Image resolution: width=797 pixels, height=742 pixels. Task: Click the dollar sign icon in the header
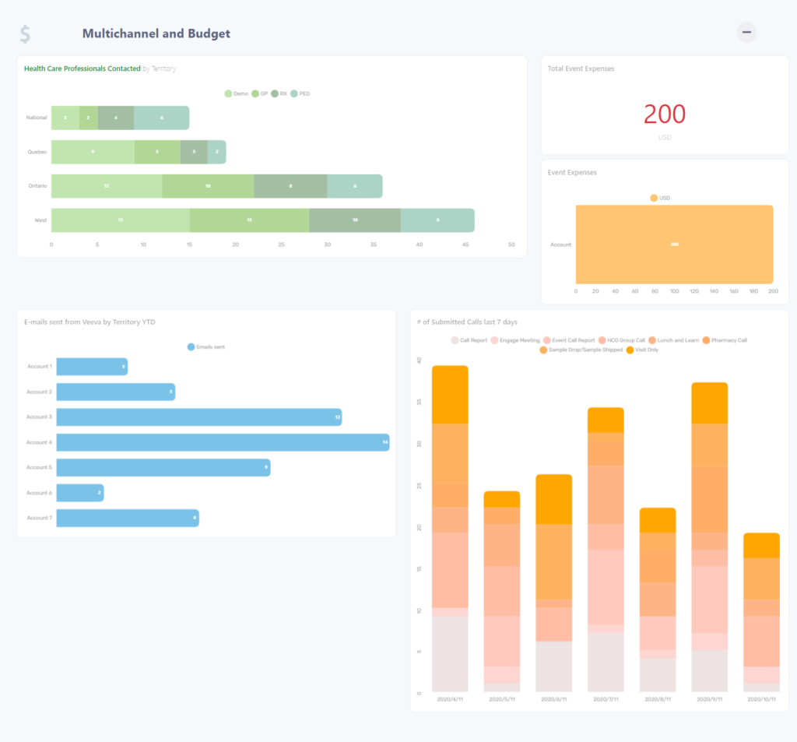(26, 34)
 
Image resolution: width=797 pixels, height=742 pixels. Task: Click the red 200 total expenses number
(664, 114)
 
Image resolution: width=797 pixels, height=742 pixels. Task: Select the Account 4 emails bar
(223, 442)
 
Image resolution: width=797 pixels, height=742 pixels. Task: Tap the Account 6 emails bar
(79, 493)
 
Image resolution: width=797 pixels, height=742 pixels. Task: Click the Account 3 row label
(39, 417)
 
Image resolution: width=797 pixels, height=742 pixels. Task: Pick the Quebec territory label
(37, 152)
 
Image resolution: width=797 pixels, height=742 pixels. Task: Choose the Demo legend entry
(237, 93)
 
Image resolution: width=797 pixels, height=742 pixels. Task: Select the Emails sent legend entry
(206, 346)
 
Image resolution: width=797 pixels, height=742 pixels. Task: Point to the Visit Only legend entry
(642, 350)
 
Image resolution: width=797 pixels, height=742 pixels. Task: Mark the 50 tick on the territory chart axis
(511, 244)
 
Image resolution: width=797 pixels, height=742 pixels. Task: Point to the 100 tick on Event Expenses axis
(674, 291)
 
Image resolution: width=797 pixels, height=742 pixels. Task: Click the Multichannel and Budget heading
(156, 33)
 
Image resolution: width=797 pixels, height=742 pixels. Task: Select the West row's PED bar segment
(437, 220)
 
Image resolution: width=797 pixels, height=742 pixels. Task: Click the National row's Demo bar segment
(65, 118)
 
